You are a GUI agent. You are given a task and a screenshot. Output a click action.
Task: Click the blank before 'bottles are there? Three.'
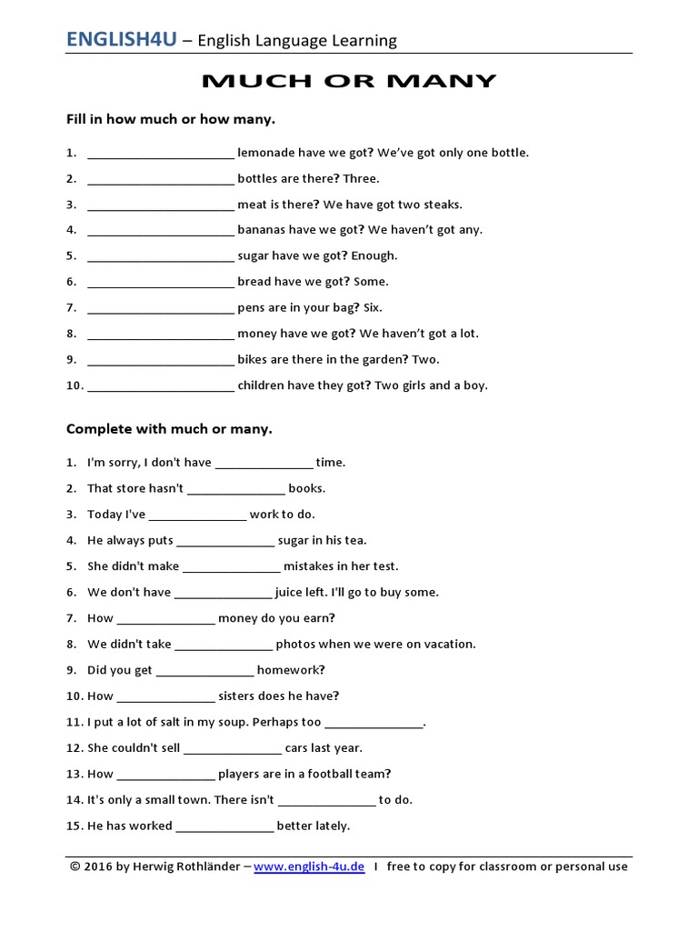pyautogui.click(x=161, y=179)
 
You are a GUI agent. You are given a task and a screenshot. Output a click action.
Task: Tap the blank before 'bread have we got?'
pyautogui.click(x=161, y=283)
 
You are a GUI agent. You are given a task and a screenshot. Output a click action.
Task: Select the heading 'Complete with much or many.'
pyautogui.click(x=169, y=429)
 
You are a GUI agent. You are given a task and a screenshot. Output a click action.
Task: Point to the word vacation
pyautogui.click(x=447, y=645)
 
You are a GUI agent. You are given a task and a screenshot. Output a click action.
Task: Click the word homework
pyautogui.click(x=291, y=670)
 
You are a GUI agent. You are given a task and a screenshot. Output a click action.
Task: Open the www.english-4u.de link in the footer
pyautogui.click(x=309, y=867)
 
